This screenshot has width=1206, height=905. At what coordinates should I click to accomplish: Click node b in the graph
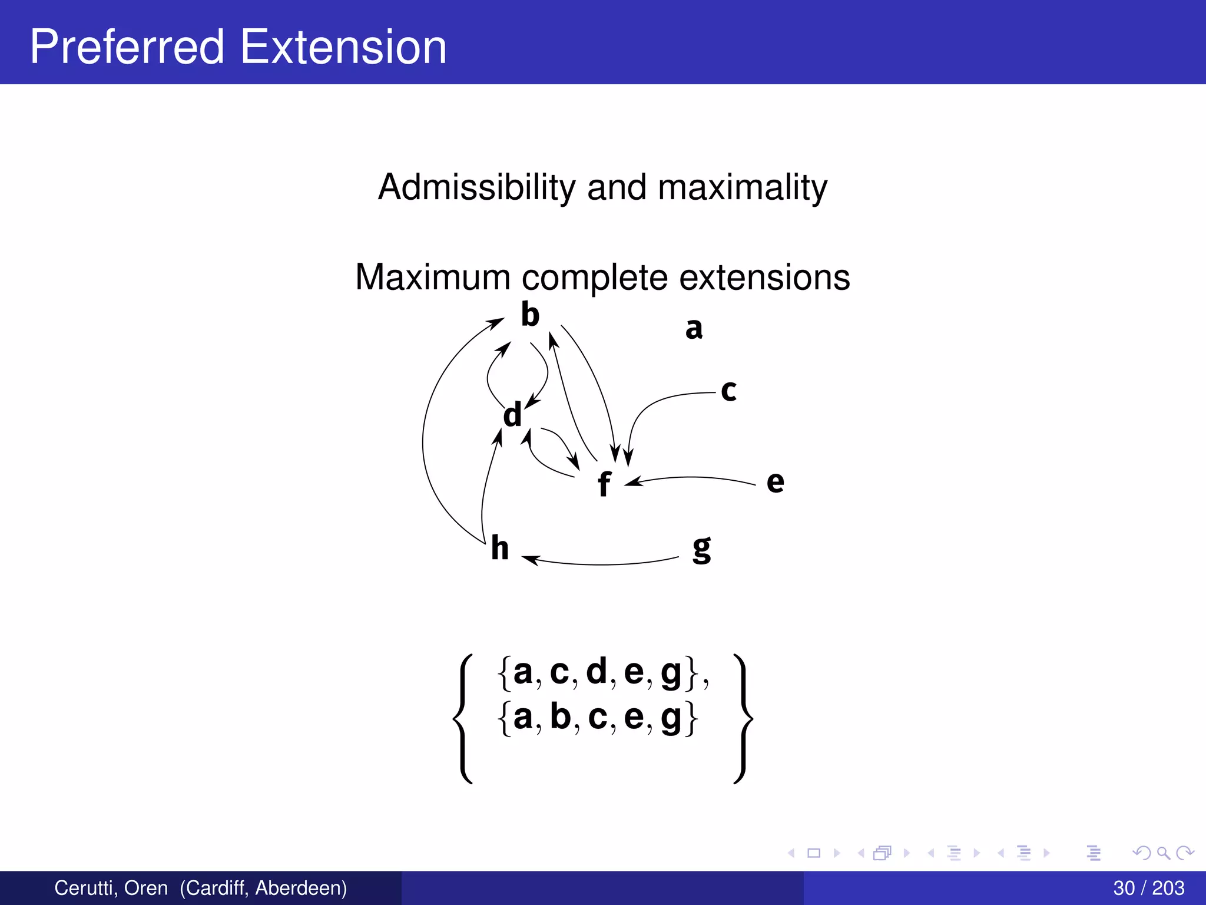click(530, 315)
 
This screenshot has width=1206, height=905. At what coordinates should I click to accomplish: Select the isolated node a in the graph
click(694, 328)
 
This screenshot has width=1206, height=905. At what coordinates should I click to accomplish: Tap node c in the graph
click(728, 390)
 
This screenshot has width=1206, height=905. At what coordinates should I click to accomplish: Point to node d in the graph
click(512, 415)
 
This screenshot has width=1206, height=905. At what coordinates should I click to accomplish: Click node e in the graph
click(775, 482)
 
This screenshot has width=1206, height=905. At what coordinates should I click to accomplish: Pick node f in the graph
click(604, 484)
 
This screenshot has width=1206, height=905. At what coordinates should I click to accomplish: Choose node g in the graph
click(701, 549)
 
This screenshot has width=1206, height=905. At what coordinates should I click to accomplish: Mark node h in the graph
click(499, 549)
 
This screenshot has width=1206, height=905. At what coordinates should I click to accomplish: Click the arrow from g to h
click(601, 564)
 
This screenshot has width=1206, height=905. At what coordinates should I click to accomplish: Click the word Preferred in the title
click(127, 47)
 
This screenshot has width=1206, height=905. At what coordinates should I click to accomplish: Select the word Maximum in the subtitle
click(433, 277)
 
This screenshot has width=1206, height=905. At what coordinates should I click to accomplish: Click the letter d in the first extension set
click(596, 671)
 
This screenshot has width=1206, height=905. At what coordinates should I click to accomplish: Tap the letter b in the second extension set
click(560, 716)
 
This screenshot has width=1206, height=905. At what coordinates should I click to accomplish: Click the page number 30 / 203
click(1148, 888)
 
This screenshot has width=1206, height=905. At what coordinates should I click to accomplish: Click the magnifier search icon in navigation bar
click(1163, 853)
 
